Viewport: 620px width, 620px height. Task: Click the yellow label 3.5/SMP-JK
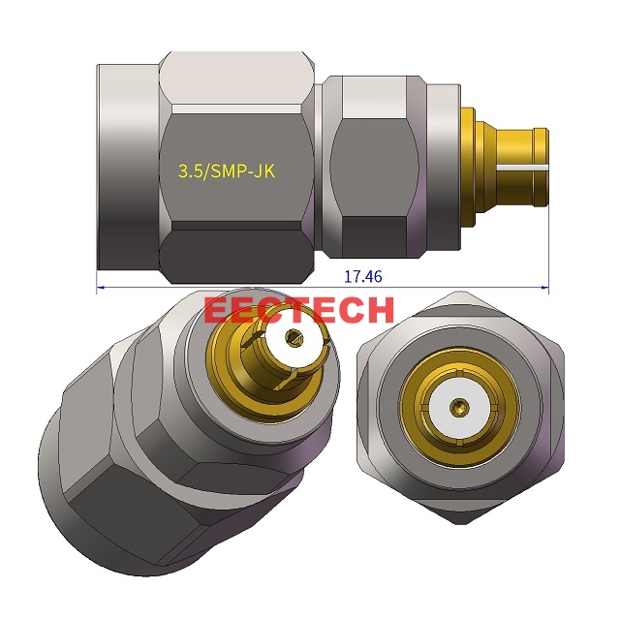[226, 171]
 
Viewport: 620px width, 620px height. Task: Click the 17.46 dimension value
[363, 276]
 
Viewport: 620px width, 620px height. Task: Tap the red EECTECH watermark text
[299, 310]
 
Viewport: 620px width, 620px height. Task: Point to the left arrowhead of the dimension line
[100, 287]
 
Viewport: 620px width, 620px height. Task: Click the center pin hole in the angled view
[293, 339]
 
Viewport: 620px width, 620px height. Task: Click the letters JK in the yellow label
[264, 171]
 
